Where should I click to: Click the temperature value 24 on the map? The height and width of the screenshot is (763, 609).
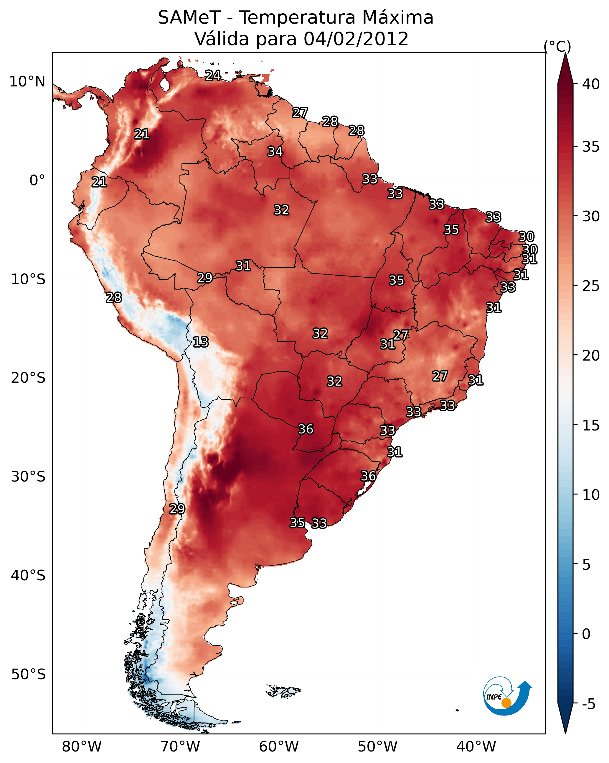click(213, 75)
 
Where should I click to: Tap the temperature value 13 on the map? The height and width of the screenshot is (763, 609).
click(201, 342)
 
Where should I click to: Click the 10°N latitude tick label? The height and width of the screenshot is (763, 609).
click(27, 82)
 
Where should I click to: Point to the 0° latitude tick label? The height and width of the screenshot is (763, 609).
click(37, 181)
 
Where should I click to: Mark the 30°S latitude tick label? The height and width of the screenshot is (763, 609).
click(28, 477)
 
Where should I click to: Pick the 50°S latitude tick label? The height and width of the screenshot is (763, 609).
click(28, 674)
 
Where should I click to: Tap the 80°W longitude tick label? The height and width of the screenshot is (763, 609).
click(82, 747)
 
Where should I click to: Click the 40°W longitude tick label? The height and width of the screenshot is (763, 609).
click(476, 747)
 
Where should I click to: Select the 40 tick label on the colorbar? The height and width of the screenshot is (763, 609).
click(591, 84)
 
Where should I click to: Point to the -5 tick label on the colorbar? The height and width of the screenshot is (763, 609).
click(589, 704)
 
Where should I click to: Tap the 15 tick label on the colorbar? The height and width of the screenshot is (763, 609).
click(591, 425)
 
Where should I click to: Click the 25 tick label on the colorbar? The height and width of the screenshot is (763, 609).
click(591, 286)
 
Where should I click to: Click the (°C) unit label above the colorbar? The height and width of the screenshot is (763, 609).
click(557, 46)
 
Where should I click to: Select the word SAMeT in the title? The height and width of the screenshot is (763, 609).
click(189, 18)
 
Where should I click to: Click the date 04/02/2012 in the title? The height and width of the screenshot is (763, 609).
click(356, 39)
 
